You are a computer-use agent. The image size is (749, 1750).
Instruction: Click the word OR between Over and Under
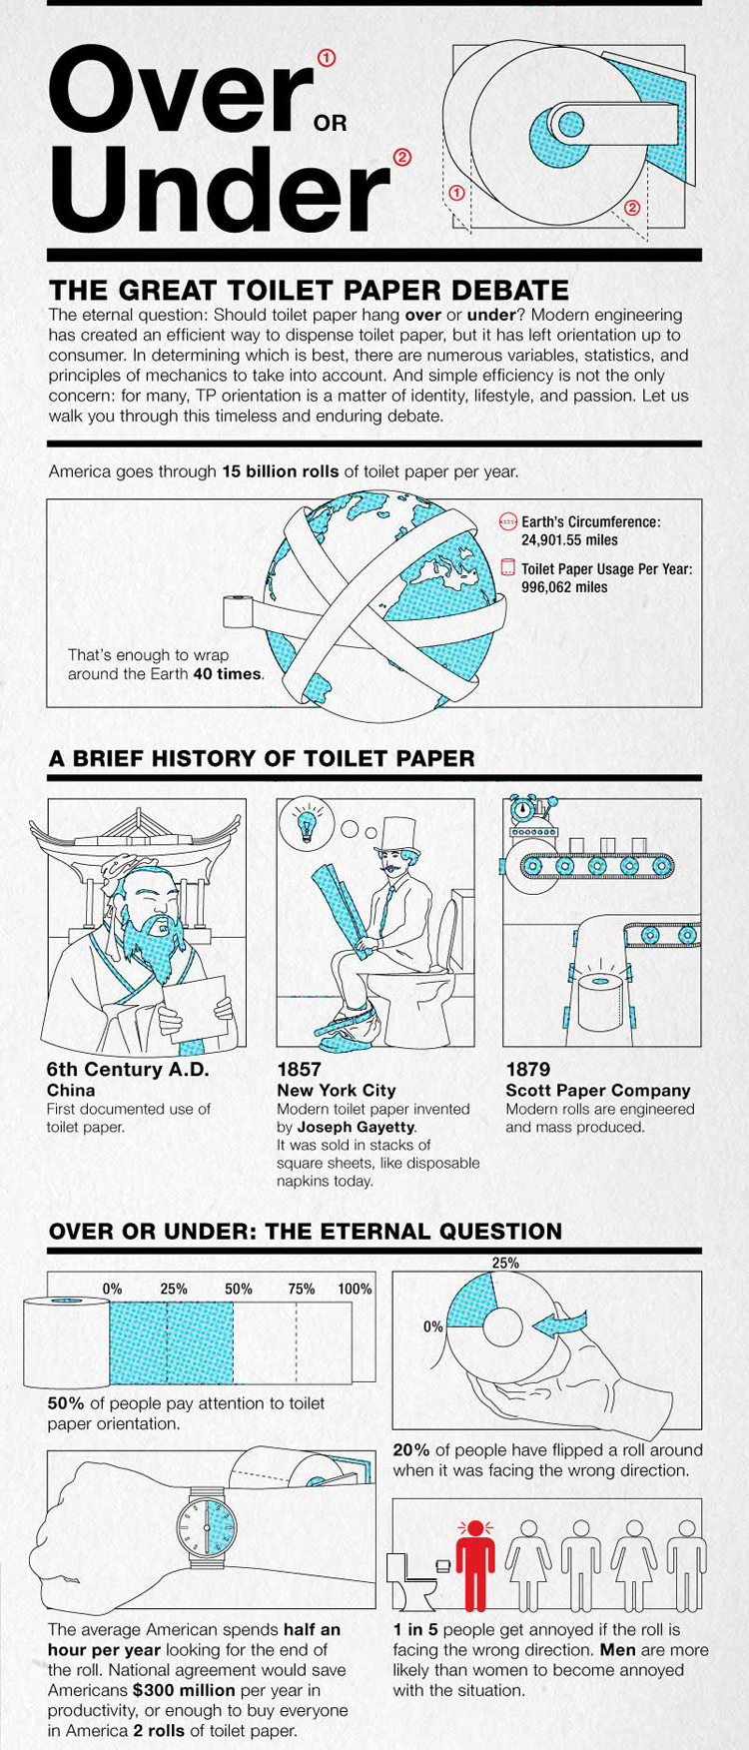pos(330,123)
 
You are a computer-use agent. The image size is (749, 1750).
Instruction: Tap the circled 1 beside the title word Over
pos(327,58)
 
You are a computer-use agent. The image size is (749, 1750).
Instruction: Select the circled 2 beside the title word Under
pos(402,157)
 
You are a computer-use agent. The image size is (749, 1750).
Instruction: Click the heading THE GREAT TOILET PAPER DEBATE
pos(309,291)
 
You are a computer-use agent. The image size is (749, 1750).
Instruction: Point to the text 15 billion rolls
pos(280,471)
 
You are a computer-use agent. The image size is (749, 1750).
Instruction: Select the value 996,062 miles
pos(564,587)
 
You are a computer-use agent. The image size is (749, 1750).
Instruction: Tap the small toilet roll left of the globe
pos(238,610)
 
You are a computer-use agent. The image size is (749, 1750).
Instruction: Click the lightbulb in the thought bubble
pos(305,825)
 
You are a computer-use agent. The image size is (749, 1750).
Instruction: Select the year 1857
pos(299,1070)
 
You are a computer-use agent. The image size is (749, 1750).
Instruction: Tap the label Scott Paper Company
pos(598,1091)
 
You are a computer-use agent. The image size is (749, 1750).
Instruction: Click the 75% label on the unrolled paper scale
pos(302,1289)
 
